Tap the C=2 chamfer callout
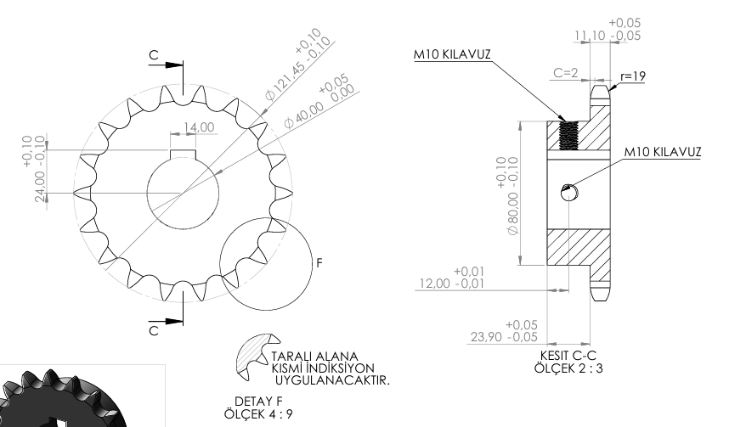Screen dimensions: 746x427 (565, 73)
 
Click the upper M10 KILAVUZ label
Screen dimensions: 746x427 (453, 53)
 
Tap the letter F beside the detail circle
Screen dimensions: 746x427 (319, 264)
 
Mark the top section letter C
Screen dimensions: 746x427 (153, 55)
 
